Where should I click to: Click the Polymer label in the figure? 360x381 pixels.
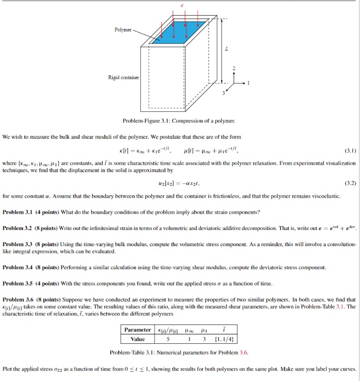123,30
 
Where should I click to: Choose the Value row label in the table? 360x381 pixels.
137,339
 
